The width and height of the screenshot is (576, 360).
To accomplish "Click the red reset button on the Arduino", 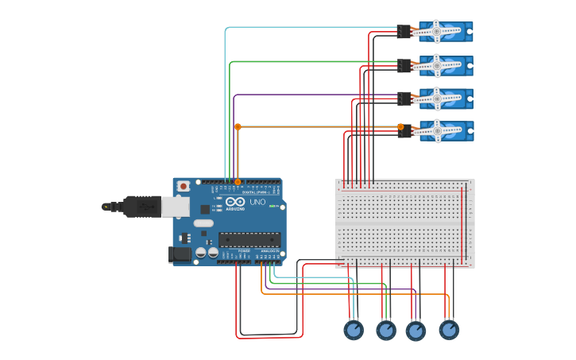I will point(184,186).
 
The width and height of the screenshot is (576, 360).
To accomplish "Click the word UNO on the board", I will point(258,202).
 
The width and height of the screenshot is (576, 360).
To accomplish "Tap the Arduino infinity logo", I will point(236,202).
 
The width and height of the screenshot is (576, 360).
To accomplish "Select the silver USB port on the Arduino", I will point(176,207).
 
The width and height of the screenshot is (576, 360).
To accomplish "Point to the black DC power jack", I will point(180,254).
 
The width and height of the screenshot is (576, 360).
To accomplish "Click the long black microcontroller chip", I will point(249,239).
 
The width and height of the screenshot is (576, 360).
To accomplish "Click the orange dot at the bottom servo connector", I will point(400,126).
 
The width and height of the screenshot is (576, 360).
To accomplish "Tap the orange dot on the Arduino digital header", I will point(238,182).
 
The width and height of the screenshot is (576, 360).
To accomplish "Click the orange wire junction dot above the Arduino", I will point(238,126).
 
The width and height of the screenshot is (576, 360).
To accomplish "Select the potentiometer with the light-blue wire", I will point(354,329).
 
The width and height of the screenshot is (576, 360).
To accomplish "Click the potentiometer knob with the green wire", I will point(386,330).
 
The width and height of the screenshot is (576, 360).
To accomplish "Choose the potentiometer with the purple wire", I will point(416,331).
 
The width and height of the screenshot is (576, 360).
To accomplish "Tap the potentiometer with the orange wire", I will point(449,329).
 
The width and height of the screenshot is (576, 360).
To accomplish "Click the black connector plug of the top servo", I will point(404,32).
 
